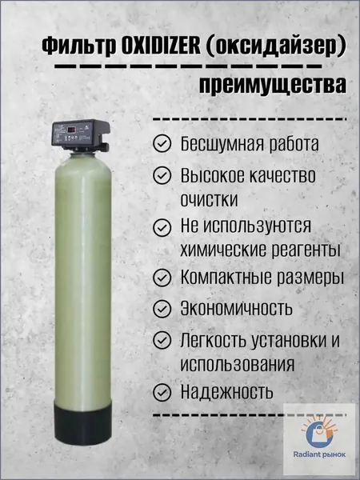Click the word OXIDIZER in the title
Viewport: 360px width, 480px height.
[161, 46]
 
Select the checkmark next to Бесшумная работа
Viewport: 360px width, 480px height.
[162, 143]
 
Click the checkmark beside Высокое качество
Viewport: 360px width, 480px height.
[162, 175]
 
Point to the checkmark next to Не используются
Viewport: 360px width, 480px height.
[162, 227]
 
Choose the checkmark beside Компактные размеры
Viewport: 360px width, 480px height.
[162, 278]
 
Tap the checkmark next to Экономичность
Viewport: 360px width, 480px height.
[162, 309]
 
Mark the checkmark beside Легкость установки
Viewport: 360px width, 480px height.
[162, 340]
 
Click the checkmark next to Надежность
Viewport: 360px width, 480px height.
[162, 392]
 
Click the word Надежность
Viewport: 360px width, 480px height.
[226, 391]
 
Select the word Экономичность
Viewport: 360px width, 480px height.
[236, 308]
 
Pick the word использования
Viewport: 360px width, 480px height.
[238, 365]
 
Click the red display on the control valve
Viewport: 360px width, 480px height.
[72, 130]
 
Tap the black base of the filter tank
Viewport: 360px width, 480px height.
[82, 424]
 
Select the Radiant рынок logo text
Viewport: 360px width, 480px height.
[319, 454]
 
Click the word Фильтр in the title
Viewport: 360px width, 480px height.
[79, 47]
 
